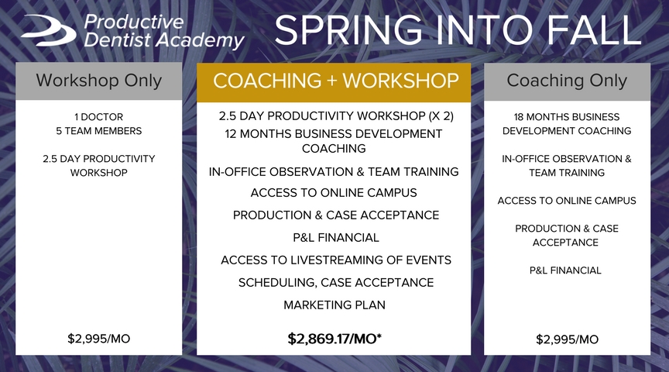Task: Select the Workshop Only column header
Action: tap(98, 81)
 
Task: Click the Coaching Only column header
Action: tap(567, 81)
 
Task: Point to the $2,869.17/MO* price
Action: tap(334, 339)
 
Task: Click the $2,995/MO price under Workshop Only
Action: tap(98, 339)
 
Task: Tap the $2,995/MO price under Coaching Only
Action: tap(567, 339)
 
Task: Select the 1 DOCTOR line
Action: tap(98, 116)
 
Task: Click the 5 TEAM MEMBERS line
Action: tap(98, 131)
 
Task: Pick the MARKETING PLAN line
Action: tap(334, 305)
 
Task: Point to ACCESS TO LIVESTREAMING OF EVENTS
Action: tap(336, 260)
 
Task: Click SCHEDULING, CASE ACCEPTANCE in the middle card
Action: tap(336, 282)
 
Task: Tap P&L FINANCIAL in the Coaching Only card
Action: tap(565, 270)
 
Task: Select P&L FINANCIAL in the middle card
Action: tap(336, 237)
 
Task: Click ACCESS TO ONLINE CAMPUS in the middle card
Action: tap(334, 193)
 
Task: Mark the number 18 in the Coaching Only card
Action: tap(518, 116)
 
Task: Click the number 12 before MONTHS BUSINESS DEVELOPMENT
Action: tap(231, 133)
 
